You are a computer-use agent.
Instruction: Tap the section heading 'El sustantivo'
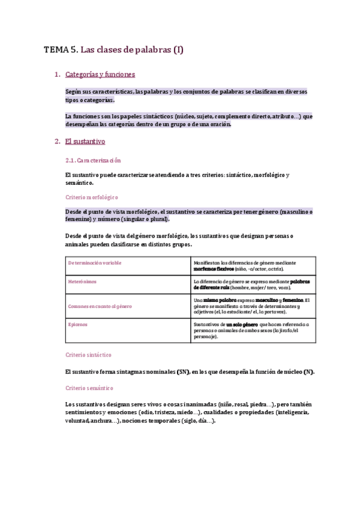click(85, 142)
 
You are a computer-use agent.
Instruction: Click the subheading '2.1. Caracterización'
click(92, 160)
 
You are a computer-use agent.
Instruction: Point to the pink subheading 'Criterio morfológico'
click(91, 197)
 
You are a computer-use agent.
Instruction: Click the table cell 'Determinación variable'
click(94, 263)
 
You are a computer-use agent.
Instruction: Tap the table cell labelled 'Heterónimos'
click(82, 281)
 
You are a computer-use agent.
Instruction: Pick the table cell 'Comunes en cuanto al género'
click(100, 306)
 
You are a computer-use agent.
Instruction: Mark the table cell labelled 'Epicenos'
click(77, 324)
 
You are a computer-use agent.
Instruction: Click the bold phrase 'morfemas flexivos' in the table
click(214, 269)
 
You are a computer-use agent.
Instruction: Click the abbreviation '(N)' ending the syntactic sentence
click(308, 372)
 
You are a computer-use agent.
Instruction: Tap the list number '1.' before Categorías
click(57, 74)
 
